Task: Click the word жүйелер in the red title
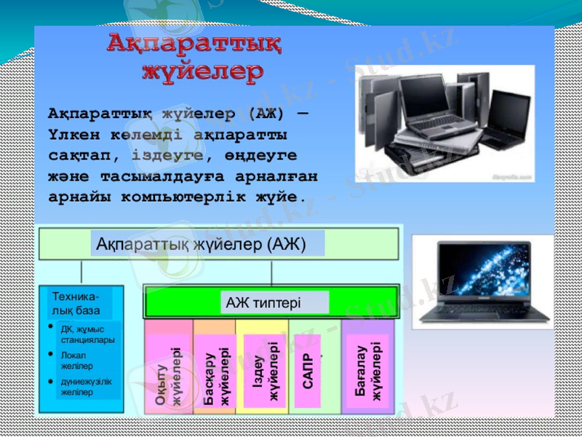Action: pos(202,72)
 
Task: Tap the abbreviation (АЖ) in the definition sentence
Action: pos(266,114)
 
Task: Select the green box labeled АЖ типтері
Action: pos(273,302)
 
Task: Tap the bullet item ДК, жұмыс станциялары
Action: pos(87,334)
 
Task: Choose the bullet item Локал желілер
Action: pos(77,361)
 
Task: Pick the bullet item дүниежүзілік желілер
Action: pos(86,387)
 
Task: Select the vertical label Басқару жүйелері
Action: pos(216,376)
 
